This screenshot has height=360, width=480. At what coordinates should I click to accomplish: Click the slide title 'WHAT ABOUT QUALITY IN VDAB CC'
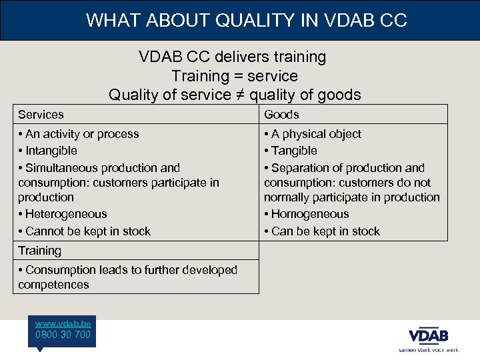point(246,20)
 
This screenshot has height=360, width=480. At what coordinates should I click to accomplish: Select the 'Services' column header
point(41,115)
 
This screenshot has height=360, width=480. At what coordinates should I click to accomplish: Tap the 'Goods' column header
point(281,115)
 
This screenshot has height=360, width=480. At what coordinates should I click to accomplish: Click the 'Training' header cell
point(39,251)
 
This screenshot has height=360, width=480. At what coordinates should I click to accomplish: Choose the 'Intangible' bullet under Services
point(51,151)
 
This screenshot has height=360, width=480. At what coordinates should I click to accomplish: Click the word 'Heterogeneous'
point(66,214)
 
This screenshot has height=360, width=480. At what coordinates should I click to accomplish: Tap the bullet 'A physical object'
point(316,134)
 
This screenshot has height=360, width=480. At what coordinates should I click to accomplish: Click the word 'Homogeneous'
point(310,214)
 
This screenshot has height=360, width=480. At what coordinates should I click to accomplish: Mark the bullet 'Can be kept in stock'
point(325,231)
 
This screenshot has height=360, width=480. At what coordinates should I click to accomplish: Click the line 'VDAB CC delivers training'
point(233,57)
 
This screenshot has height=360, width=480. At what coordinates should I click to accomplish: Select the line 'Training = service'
point(235,76)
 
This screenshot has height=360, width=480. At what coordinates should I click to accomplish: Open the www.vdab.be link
point(63,323)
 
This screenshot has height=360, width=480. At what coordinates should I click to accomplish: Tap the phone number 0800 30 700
point(63,335)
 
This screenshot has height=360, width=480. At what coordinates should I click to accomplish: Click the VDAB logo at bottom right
point(429,336)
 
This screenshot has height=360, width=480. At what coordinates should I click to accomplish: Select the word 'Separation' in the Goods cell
point(301,168)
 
